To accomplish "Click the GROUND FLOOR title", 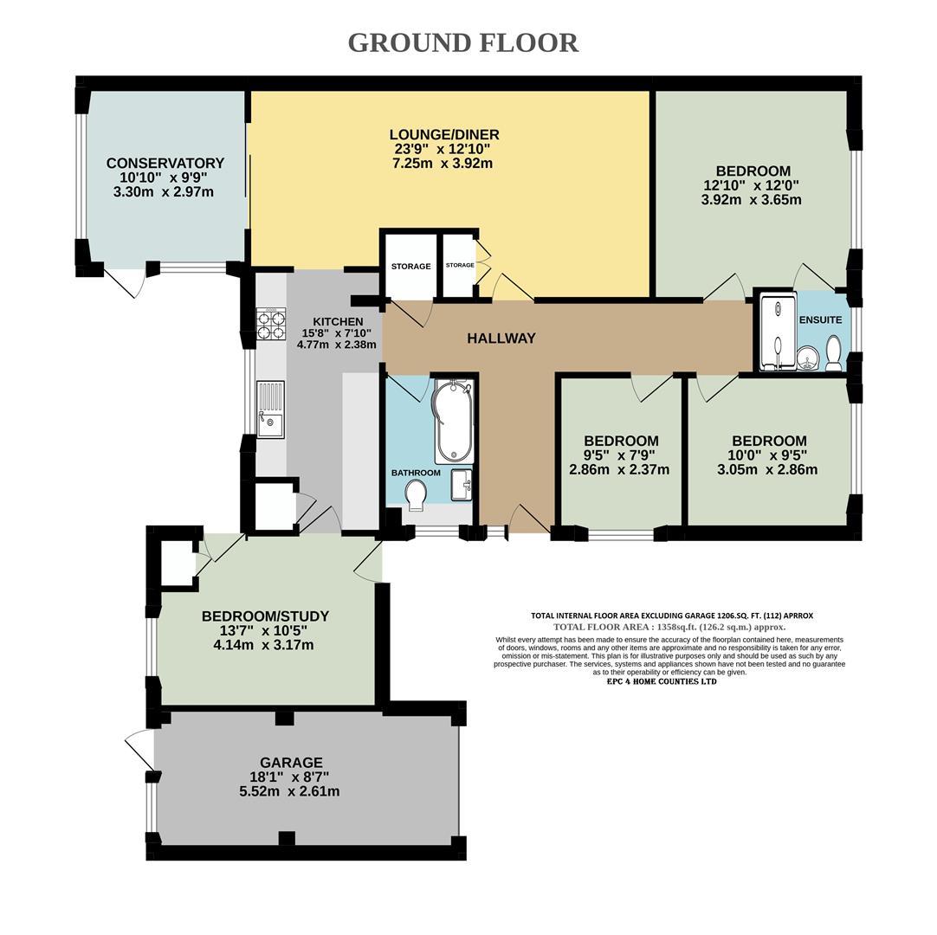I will [462, 42].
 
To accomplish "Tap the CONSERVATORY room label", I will [165, 163].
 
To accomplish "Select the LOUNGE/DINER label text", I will [443, 135].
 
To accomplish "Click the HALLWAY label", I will [501, 339].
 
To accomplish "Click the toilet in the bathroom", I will [416, 494].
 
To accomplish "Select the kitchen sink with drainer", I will [270, 410].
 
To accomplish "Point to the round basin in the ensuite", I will [808, 357].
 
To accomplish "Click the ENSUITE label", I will [820, 319].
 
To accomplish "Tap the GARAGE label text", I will [291, 763].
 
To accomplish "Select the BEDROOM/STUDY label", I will [265, 616].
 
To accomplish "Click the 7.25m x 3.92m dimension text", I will [443, 163].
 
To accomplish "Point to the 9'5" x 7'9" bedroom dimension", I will [620, 455].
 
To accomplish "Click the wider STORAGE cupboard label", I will [410, 266].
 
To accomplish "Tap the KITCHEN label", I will [325, 321].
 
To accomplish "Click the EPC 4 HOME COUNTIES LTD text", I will [662, 681].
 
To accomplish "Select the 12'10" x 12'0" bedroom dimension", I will [751, 184].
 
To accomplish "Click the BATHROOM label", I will [416, 473].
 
